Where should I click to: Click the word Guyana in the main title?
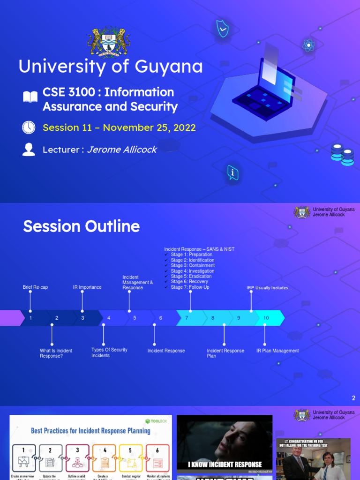pos(169,67)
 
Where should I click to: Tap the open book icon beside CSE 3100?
pos(30,97)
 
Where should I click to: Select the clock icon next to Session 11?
pos(29,127)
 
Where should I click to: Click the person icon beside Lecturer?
pos(29,150)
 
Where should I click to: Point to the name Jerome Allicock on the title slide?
pos(122,150)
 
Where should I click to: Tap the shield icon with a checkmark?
pos(222,29)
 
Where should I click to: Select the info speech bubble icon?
pos(232,173)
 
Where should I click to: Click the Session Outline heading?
pos(82,226)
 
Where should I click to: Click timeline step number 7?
pos(187,318)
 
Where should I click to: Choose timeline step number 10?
pos(266,318)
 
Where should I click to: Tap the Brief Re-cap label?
pos(35,287)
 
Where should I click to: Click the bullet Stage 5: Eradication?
pos(191,277)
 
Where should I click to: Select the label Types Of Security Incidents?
pos(109,352)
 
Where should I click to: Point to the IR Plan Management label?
pos(277,351)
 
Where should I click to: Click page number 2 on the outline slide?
pos(353,398)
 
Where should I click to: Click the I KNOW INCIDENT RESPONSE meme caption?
pos(225,465)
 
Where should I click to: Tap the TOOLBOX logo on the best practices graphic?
pos(156,421)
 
